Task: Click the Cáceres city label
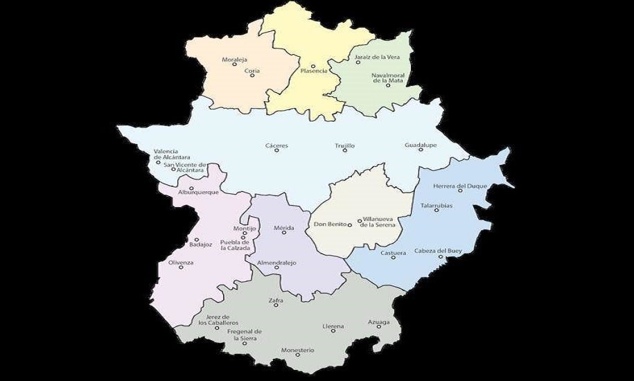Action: point(276,145)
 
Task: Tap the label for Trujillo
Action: point(344,145)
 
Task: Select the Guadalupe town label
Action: point(421,145)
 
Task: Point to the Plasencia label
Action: point(314,71)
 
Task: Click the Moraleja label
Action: point(234,60)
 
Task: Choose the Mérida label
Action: point(284,228)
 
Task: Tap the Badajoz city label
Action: point(200,244)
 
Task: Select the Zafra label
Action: point(276,301)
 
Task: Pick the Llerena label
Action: point(333,326)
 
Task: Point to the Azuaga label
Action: point(379,322)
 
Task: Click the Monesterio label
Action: point(298,350)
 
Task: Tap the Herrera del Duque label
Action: point(460,186)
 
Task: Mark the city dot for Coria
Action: point(252,75)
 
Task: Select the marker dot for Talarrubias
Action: point(437,210)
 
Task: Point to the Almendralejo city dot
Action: point(276,268)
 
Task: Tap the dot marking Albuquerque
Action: point(191,188)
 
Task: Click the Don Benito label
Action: point(330,224)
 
